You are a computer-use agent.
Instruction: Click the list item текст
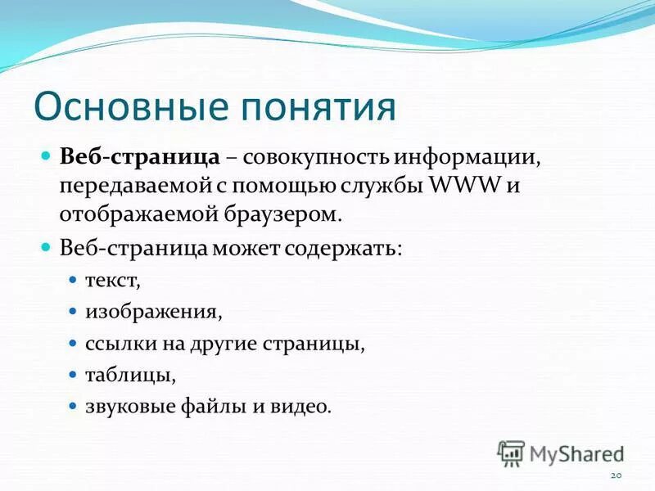[113, 281]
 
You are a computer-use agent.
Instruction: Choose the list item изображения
[153, 312]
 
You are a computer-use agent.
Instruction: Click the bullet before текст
[72, 280]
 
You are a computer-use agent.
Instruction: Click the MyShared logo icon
[511, 453]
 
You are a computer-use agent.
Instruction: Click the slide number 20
[617, 475]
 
